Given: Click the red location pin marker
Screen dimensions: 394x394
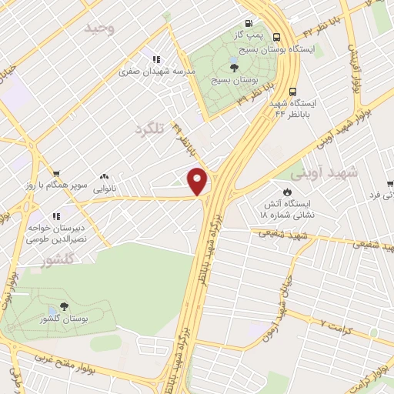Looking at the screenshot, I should pos(198,181).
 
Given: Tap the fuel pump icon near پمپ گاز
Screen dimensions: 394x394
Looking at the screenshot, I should pos(248,24).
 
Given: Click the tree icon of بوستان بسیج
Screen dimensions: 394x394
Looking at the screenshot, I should pos(234,68).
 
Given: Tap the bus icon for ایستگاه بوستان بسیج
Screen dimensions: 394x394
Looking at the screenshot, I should pos(277,36).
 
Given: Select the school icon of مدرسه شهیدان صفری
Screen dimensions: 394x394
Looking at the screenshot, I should pos(156,58).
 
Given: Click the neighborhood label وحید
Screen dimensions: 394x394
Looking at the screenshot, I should pos(99,28).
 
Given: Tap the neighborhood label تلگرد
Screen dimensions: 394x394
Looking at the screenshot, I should pos(149,128).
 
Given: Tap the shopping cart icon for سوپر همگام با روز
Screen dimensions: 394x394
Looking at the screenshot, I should pos(56,173).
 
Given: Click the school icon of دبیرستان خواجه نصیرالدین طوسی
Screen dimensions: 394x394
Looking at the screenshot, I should pos(55,217).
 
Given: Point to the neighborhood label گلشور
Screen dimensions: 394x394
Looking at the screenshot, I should pos(58,260).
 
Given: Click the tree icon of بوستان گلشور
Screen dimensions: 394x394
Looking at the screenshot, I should pos(63,306).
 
